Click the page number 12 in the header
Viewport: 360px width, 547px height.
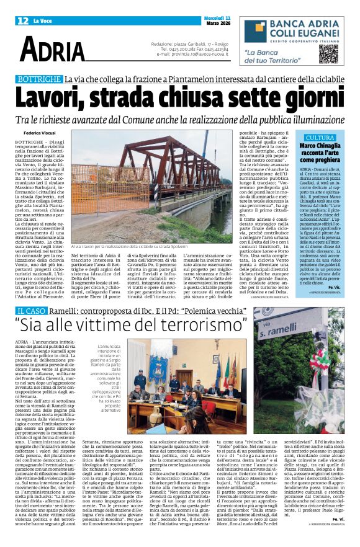(23, 21)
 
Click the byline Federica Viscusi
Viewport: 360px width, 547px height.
(40, 133)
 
